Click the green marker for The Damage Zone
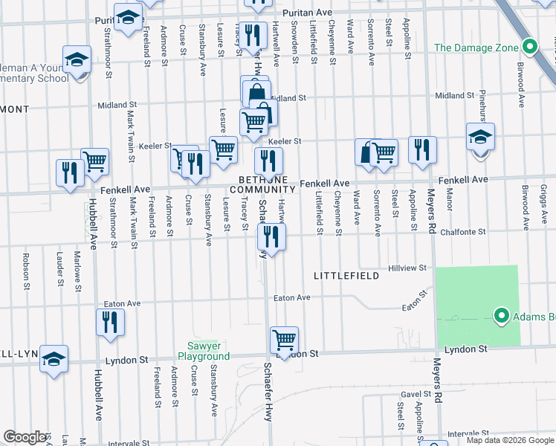pyautogui.click(x=529, y=47)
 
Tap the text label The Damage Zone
pyautogui.click(x=476, y=48)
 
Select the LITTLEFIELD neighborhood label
pyautogui.click(x=346, y=276)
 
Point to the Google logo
pyautogui.click(x=25, y=437)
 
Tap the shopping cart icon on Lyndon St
pyautogui.click(x=285, y=340)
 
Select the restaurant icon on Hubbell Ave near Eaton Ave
pyautogui.click(x=110, y=322)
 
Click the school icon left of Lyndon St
pyautogui.click(x=54, y=358)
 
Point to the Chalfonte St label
pyautogui.click(x=462, y=232)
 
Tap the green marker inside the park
pyautogui.click(x=501, y=317)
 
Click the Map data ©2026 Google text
pyautogui.click(x=509, y=440)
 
